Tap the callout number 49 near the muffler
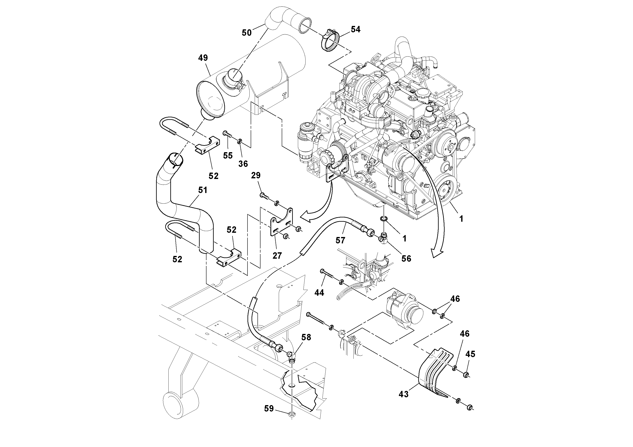[203, 58]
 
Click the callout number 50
[246, 33]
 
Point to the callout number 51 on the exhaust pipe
[203, 190]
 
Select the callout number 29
[256, 176]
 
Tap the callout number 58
[306, 337]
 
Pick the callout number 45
[470, 354]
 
